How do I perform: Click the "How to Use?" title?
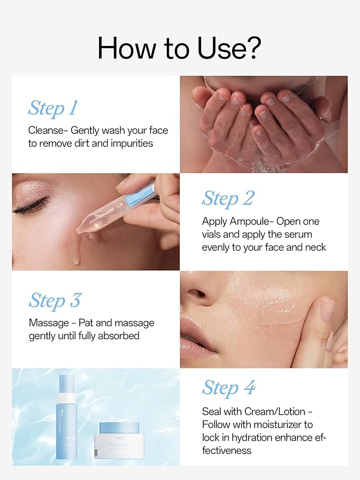point(179,49)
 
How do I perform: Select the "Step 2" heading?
point(228,198)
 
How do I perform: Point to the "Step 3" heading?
point(55,300)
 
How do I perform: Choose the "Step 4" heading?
point(228,388)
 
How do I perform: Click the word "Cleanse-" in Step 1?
point(48,130)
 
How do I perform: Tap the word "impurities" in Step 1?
point(131,143)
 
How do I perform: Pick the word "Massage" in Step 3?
point(49,323)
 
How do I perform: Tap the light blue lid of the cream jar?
point(119,428)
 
